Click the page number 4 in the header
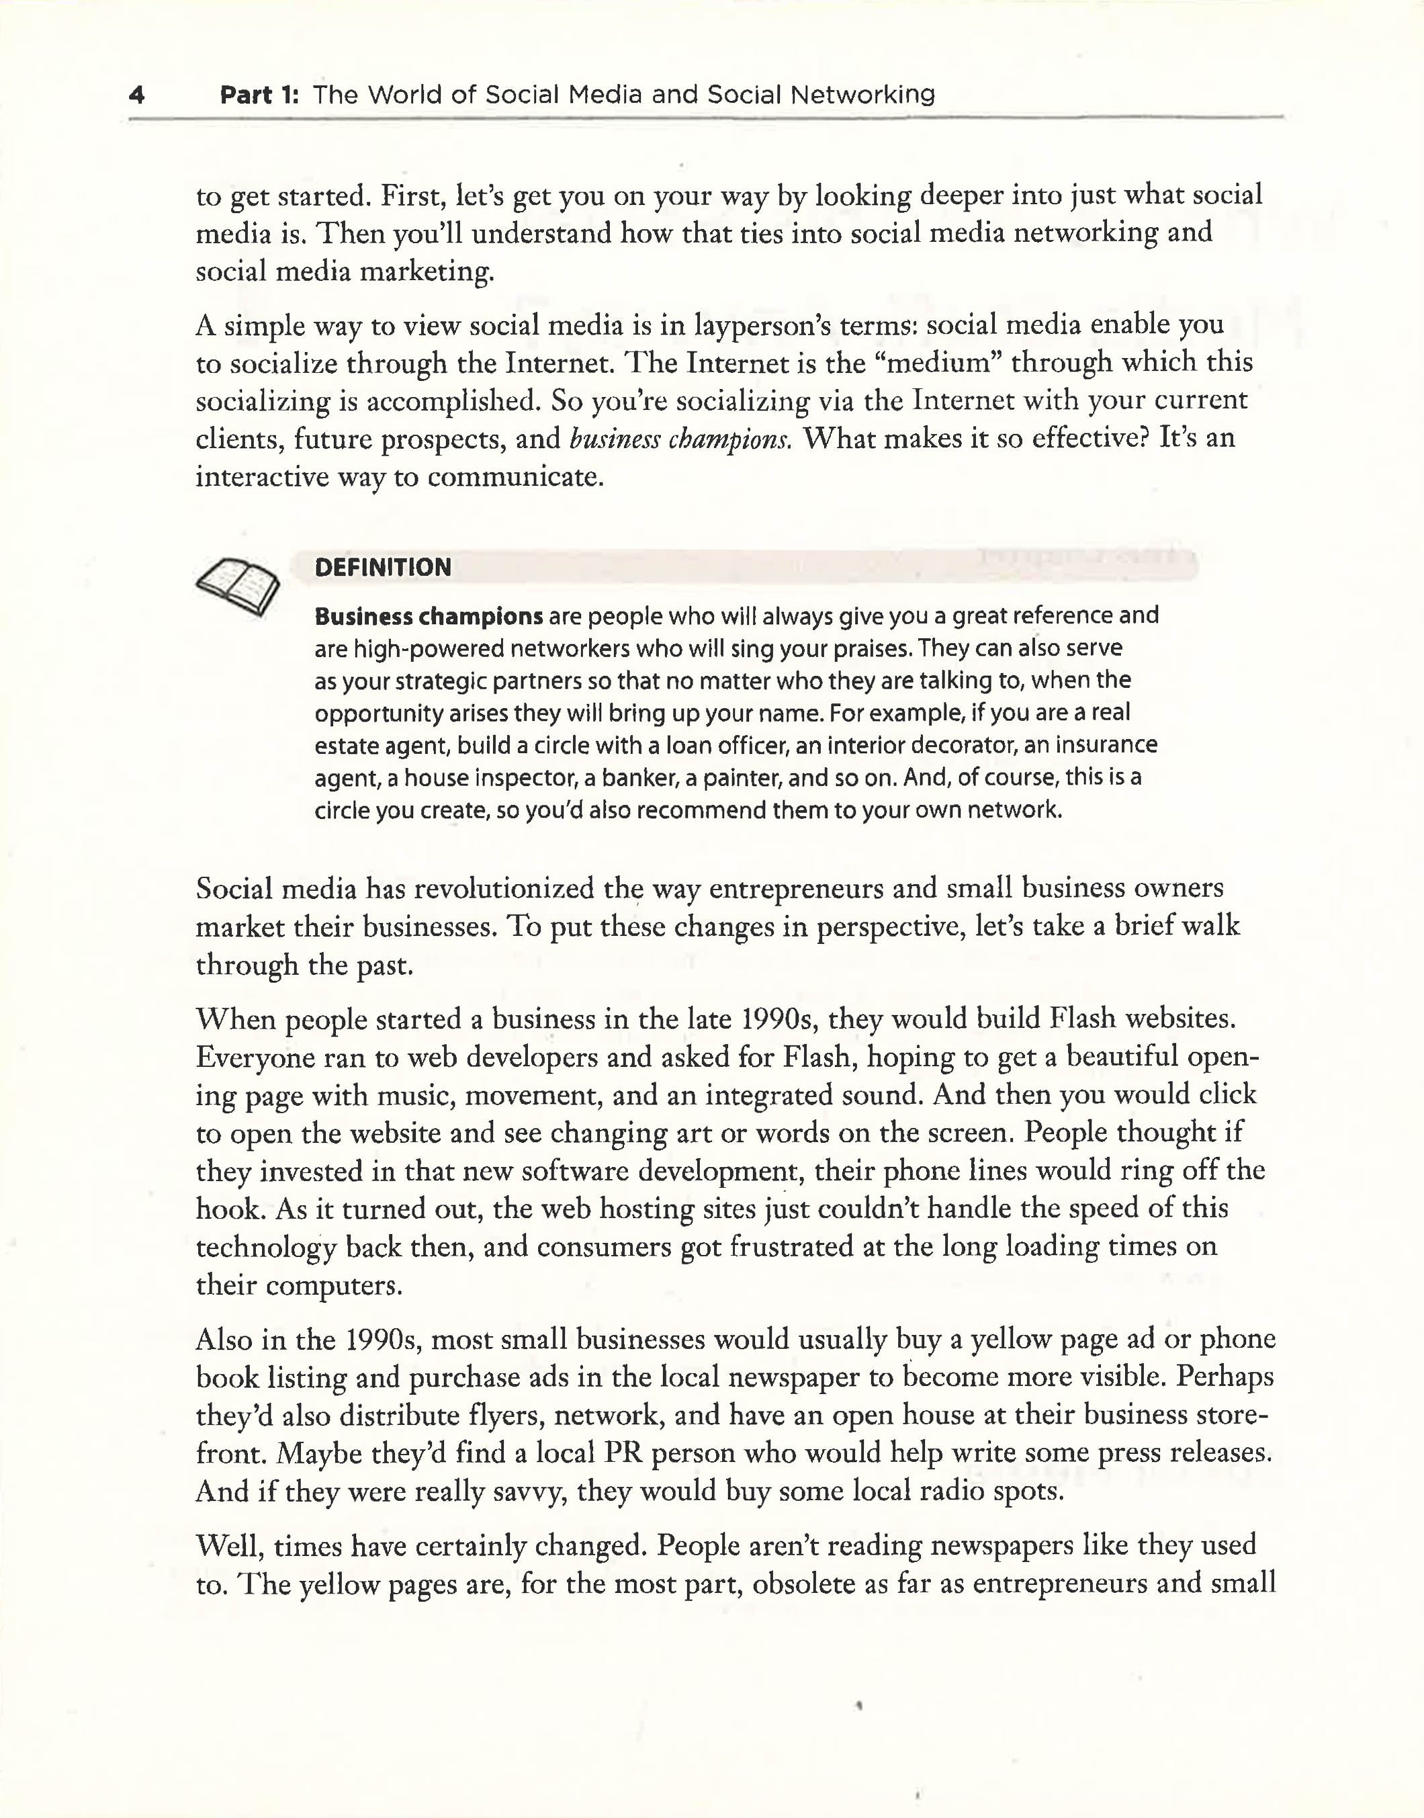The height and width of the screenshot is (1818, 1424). pos(138,95)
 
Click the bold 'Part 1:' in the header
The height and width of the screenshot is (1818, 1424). pos(259,95)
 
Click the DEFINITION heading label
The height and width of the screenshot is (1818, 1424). pos(383,568)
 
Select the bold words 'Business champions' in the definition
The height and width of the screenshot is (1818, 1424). pos(429,617)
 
